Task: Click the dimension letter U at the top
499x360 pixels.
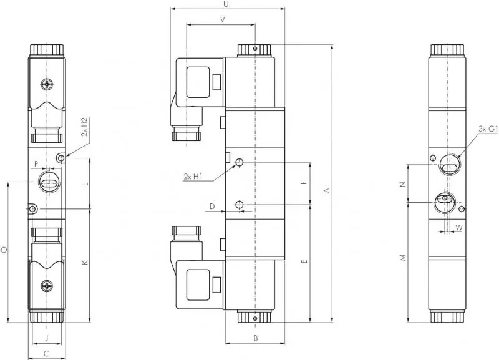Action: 226,4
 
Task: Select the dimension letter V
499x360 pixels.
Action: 222,19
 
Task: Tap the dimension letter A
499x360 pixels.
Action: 326,191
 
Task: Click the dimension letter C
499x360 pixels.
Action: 46,354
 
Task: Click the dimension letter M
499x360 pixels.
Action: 402,257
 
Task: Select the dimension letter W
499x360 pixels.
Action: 459,228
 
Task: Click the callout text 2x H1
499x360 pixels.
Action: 193,177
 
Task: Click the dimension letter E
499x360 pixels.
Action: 304,263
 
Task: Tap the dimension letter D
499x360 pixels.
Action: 212,205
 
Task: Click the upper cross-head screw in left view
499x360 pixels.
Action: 47,84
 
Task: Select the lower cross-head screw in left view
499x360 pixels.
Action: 47,286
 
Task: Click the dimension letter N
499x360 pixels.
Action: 402,184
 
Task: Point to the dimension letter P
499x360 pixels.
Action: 37,165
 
